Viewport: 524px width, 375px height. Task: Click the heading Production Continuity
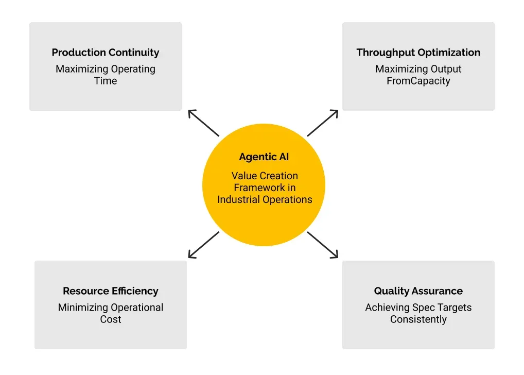click(106, 53)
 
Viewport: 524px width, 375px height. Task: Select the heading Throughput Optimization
click(418, 53)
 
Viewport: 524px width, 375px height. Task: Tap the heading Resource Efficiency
click(111, 291)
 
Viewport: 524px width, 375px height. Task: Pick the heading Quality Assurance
click(418, 291)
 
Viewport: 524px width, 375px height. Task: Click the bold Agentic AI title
click(264, 157)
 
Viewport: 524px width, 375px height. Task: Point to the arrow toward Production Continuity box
click(203, 123)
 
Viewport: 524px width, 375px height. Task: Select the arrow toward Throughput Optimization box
click(323, 123)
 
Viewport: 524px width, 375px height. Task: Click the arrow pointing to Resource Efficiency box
click(203, 245)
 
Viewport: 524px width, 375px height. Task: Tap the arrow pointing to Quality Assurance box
click(323, 245)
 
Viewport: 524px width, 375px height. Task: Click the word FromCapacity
click(418, 81)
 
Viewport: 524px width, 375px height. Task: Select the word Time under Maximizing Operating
click(106, 81)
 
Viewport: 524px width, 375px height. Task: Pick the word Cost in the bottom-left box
click(111, 319)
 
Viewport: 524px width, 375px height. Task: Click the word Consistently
click(418, 319)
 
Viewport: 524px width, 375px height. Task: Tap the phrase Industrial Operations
click(265, 200)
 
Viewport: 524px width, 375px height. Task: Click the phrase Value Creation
click(265, 176)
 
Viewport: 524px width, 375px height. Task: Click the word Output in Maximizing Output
click(446, 69)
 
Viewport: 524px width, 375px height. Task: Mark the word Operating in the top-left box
click(133, 69)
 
